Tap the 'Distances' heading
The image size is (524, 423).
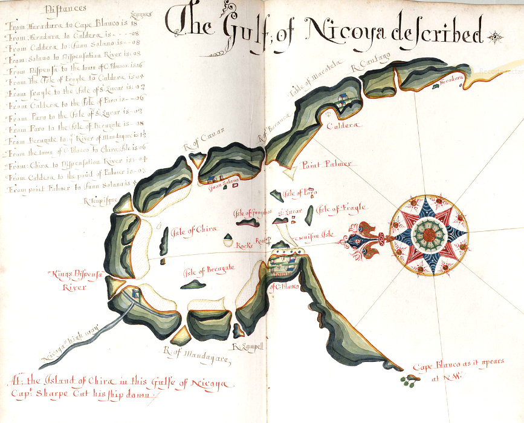coord(65,8)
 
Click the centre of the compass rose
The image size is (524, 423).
coord(429,232)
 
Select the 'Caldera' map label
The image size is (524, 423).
coord(342,126)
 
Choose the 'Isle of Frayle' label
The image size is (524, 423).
coord(342,209)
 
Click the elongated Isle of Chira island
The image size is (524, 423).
coord(164,240)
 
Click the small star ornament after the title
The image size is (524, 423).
coord(497,36)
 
